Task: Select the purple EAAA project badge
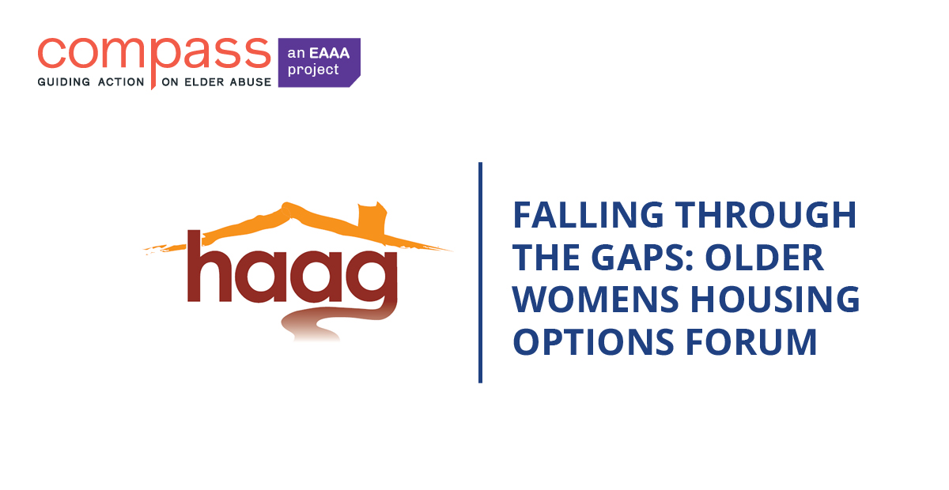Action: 319,62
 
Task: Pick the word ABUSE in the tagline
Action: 251,81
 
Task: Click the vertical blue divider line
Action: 480,273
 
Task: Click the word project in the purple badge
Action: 313,70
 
